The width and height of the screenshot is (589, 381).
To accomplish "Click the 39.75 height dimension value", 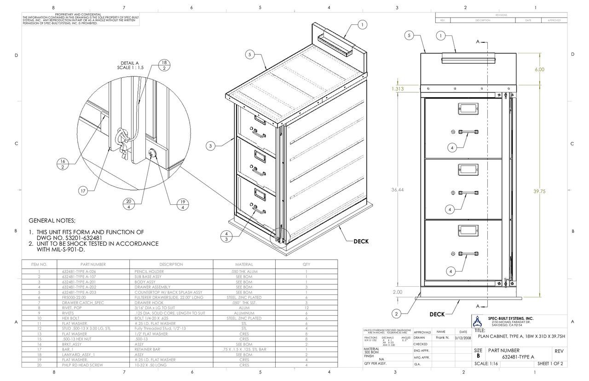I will click(539, 191).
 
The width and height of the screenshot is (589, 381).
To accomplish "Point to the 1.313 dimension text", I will click(398, 89).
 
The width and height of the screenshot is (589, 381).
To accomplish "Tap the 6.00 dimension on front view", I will click(539, 69).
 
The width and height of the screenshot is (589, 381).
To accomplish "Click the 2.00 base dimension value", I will click(397, 292).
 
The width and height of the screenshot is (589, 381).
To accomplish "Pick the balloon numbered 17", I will click(84, 191).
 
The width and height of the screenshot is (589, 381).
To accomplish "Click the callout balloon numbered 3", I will click(210, 146).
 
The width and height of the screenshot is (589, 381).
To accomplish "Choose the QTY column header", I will click(306, 265).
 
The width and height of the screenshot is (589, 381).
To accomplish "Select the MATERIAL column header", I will click(244, 265).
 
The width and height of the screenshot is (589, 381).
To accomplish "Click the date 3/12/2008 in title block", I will click(462, 338).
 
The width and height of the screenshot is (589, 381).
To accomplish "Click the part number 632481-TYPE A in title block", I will click(518, 357).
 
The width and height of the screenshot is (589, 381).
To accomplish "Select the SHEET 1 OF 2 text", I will click(550, 364).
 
